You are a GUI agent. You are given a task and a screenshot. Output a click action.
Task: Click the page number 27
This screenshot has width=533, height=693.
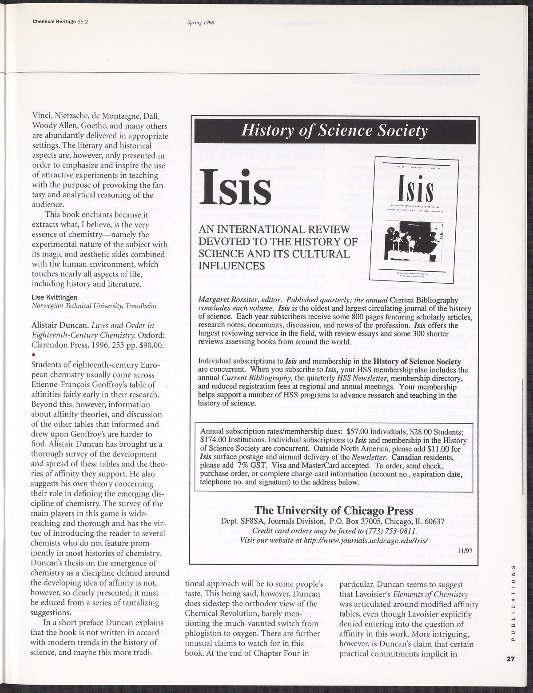510,659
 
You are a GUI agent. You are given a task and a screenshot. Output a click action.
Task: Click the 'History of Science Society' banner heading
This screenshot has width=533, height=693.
334,131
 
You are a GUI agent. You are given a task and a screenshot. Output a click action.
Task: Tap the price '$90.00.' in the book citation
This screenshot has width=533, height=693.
140,344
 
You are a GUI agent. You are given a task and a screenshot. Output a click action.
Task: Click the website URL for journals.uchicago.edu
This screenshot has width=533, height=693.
366,541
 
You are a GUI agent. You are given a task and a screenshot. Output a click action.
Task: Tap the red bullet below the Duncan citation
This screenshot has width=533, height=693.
33,354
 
